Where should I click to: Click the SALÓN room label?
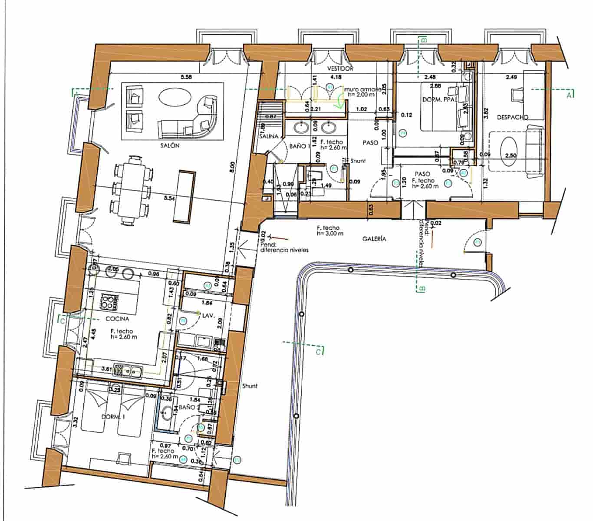[x=169, y=146]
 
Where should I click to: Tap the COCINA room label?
[x=117, y=319]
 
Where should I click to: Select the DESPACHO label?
[x=512, y=117]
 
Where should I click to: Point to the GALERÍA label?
[x=374, y=239]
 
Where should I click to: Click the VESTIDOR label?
[x=340, y=69]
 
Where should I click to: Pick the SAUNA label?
[x=269, y=136]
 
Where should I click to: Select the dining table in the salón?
[x=132, y=191]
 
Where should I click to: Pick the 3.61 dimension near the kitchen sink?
[x=107, y=369]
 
